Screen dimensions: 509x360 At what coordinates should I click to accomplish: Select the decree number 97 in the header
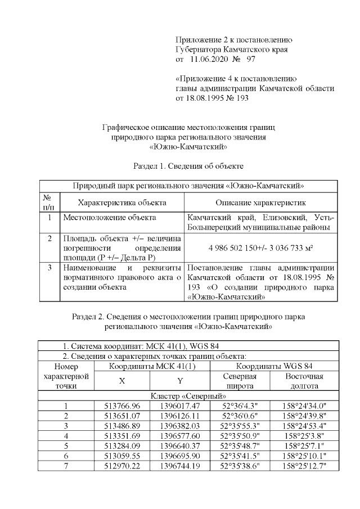(x=251, y=58)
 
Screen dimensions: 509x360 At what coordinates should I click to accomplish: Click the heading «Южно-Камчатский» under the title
(x=188, y=147)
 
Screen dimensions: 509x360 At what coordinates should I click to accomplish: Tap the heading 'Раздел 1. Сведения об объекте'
(x=188, y=166)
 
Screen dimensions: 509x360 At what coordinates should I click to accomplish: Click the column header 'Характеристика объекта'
(x=121, y=202)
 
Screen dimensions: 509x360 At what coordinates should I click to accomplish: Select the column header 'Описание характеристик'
(x=260, y=202)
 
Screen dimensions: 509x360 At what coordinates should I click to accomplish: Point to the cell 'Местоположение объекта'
(x=109, y=217)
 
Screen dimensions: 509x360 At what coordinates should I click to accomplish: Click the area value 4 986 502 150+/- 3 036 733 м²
(x=260, y=247)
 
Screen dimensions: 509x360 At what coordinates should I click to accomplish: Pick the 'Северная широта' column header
(x=240, y=381)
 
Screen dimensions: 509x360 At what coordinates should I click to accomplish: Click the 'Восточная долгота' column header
(x=304, y=381)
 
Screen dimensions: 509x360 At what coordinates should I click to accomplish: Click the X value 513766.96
(x=122, y=406)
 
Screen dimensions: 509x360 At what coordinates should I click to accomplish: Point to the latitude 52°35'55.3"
(x=240, y=426)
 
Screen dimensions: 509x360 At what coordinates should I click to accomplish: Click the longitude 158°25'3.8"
(x=304, y=436)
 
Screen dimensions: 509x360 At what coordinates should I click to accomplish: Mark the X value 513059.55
(x=122, y=456)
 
